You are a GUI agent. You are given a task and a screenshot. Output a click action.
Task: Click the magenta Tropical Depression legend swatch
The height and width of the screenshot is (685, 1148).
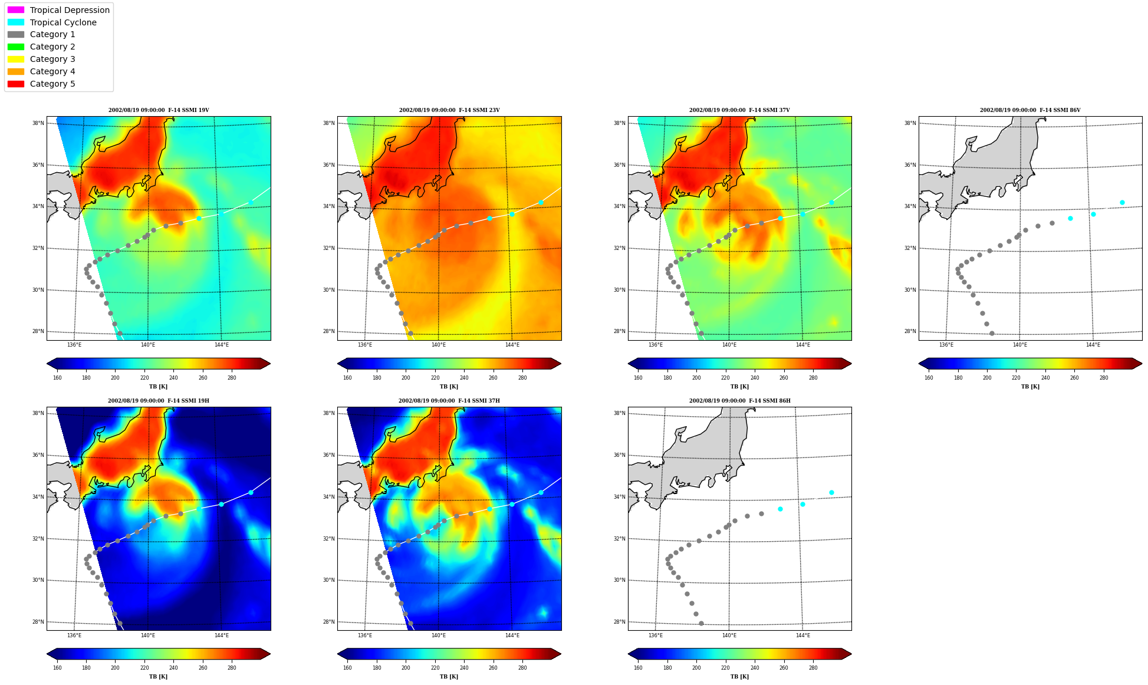16,10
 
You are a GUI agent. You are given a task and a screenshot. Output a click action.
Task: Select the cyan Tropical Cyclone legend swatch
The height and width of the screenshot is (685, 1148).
16,22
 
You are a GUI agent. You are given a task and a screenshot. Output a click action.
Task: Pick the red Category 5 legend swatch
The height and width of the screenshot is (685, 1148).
16,84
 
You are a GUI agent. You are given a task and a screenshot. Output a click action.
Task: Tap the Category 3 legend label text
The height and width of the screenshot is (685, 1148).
52,59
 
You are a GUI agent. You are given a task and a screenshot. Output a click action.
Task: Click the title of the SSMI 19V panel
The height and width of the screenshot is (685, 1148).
159,110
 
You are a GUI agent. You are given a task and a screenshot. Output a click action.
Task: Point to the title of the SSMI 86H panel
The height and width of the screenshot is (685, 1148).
740,401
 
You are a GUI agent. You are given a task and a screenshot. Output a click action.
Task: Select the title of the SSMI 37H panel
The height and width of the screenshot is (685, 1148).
449,401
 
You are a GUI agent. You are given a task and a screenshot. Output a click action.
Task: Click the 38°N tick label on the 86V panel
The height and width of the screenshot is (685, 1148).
910,123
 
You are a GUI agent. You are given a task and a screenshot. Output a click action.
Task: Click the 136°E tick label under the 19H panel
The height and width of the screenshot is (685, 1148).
74,635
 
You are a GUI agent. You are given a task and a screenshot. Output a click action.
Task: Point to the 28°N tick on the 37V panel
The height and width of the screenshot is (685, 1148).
619,331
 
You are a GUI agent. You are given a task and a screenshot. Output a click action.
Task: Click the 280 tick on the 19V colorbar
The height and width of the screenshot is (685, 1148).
232,378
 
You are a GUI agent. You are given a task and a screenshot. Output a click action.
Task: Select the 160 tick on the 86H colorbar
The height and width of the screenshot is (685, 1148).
638,668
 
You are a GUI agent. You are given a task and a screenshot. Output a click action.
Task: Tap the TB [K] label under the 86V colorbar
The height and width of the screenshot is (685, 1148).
1030,387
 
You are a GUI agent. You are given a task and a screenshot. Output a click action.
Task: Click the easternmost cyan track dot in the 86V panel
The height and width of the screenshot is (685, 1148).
1122,202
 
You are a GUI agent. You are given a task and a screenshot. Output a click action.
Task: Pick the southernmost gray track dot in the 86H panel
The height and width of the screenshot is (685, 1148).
701,623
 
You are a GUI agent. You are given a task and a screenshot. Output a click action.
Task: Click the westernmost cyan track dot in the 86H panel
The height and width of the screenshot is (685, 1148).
780,509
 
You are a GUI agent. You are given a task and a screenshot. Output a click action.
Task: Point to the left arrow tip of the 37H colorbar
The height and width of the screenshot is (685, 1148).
338,654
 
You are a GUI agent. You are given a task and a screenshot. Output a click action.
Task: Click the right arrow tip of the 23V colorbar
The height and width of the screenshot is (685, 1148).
561,363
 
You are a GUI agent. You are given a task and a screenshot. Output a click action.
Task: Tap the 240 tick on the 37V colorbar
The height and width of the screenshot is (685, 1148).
755,378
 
